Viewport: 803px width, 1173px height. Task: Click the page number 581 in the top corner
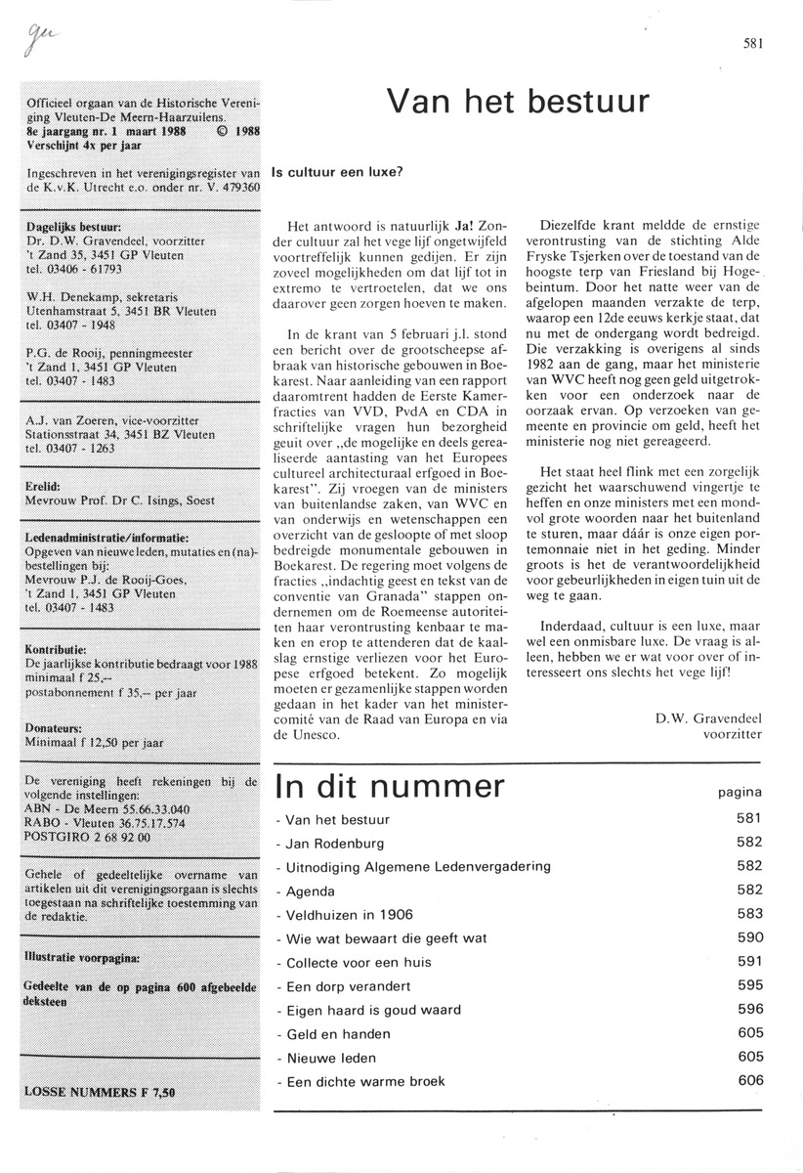(x=751, y=41)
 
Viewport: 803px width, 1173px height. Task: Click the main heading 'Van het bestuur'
(x=517, y=100)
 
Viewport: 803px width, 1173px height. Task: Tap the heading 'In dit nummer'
(x=391, y=787)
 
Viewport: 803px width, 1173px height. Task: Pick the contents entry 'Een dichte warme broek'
(x=360, y=1081)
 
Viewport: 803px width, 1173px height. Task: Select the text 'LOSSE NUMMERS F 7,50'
(x=94, y=1090)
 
